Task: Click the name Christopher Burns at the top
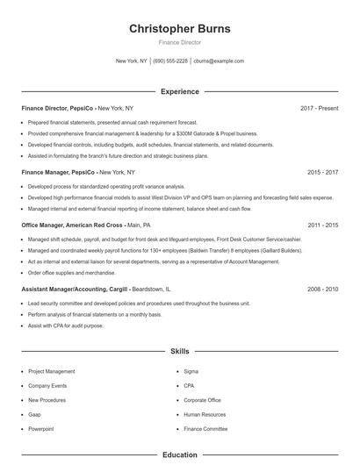pos(180,29)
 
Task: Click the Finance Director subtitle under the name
pos(180,43)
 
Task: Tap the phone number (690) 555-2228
pos(170,61)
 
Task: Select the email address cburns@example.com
pos(219,61)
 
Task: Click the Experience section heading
pos(180,91)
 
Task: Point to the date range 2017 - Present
pos(319,108)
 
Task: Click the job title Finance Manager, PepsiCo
pos(59,173)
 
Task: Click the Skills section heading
pos(180,351)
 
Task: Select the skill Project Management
pos(52,371)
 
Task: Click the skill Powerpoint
pos(41,428)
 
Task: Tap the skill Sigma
pos(191,371)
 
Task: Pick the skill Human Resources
pos(205,414)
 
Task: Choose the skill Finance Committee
pos(205,428)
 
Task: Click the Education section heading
pos(180,455)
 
